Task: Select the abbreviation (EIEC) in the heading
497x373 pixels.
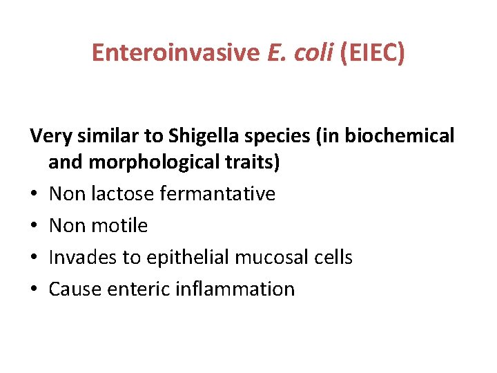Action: pos(371,52)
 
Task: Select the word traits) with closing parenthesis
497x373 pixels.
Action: pos(248,162)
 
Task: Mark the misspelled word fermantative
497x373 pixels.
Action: pos(217,194)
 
